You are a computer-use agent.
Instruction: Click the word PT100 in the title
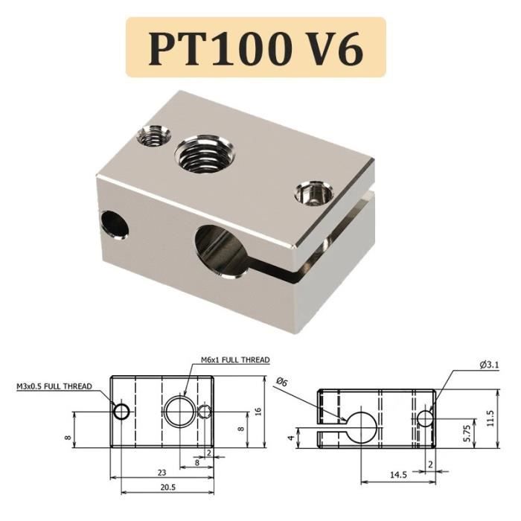[217, 48]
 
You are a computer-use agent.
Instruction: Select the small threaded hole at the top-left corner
[154, 136]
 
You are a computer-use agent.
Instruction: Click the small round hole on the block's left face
[113, 222]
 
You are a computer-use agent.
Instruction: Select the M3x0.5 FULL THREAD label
[54, 386]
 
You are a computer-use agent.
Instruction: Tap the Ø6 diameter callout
[281, 381]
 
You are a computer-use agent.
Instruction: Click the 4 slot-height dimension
[291, 438]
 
